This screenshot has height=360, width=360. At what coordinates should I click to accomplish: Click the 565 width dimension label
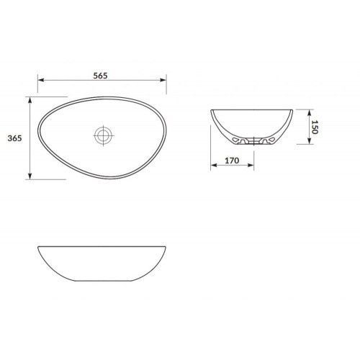coord(100,76)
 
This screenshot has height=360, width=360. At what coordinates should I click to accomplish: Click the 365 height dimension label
coord(15,138)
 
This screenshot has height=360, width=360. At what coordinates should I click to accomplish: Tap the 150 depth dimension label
coord(315,127)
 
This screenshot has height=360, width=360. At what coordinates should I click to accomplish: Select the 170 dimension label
coord(232,161)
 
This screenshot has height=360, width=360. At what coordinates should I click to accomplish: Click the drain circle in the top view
coord(104,135)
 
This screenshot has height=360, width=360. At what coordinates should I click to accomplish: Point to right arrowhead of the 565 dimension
coord(163,80)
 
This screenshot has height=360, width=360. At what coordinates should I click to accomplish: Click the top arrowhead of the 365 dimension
coord(30,100)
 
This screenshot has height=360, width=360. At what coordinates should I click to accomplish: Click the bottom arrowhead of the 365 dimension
coord(30,176)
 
